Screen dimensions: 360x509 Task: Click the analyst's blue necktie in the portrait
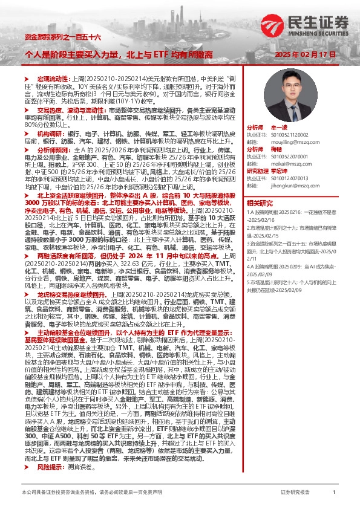[x=293, y=109]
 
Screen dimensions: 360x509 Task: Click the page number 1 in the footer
[x=334, y=493]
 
